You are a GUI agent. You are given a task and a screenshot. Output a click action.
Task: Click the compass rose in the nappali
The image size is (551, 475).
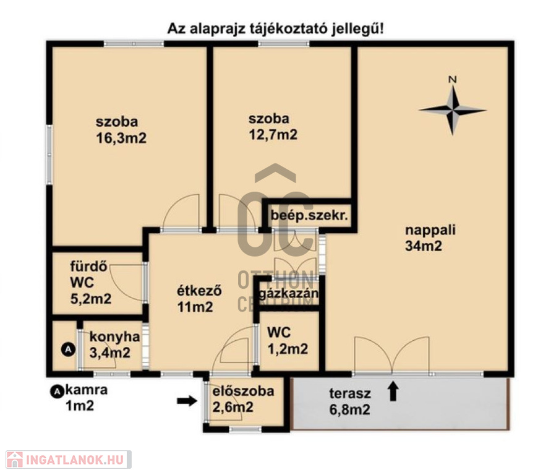point(453,110)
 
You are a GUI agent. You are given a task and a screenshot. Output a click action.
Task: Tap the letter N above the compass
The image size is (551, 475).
point(453,80)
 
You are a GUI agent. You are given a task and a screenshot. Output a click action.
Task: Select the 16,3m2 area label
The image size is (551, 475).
point(121,138)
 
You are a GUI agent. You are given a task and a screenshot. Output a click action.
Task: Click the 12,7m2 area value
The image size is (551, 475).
point(273,135)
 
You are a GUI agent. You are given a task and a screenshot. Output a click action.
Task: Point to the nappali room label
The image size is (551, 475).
point(430,230)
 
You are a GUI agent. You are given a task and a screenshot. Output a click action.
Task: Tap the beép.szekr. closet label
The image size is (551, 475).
point(309,215)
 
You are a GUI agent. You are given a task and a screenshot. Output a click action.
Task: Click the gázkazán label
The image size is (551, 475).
point(289,293)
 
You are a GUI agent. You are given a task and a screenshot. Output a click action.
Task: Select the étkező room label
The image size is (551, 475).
point(199,291)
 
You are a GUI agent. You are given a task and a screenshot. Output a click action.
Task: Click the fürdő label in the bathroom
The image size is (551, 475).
point(88,266)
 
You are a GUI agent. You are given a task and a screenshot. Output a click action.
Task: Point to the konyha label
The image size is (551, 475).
point(114,336)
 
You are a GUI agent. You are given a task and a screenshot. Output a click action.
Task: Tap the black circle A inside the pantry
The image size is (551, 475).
point(68,349)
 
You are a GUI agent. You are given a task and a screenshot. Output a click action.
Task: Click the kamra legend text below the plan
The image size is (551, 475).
point(87,390)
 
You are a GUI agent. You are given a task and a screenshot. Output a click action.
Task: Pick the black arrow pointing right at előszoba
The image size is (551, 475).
point(187,401)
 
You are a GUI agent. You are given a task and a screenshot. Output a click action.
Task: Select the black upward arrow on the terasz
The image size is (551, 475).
point(393,392)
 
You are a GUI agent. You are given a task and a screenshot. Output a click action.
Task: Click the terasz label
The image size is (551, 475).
point(350,393)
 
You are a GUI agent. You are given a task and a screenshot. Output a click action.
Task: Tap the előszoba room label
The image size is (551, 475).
point(243,391)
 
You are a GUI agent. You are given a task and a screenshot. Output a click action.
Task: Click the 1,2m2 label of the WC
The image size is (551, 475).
point(288,349)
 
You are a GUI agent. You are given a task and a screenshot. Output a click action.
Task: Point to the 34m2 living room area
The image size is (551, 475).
point(424,246)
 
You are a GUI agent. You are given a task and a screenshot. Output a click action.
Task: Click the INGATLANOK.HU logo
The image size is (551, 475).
point(69,460)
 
